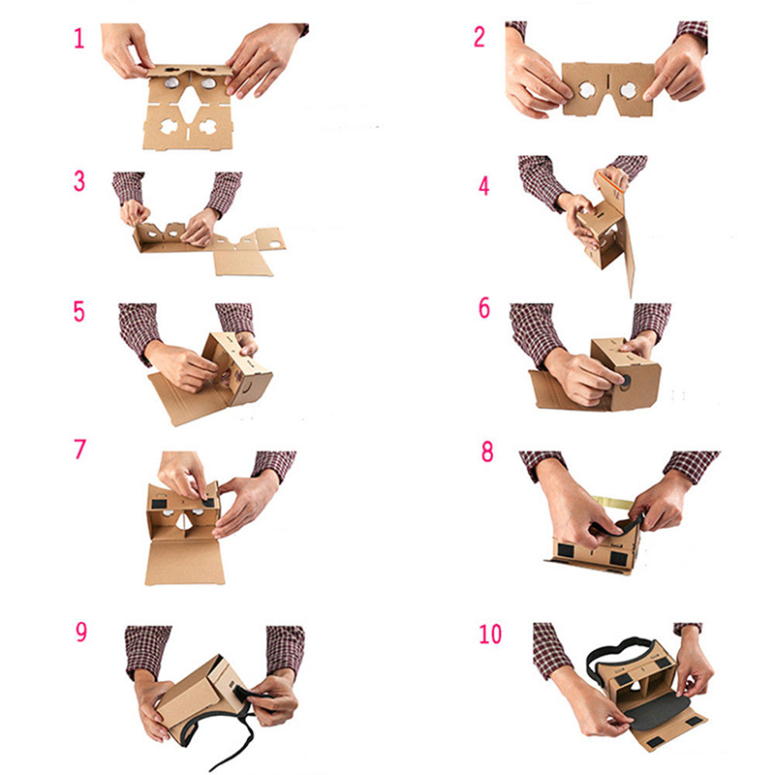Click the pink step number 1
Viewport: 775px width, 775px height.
coord(79,38)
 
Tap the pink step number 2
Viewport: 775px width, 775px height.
coord(480,37)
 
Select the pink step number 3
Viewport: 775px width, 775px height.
coord(79,181)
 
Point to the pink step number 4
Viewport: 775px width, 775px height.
coord(483,186)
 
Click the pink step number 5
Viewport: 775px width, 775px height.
coord(79,312)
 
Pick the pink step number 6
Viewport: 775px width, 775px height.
coord(484,308)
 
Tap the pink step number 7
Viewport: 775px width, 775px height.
coord(80,449)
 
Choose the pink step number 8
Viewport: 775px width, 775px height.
coord(487,451)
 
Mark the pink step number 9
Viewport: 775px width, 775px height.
coord(81,632)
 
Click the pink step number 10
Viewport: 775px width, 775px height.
coord(490,635)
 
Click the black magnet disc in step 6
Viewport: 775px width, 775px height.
coord(626,381)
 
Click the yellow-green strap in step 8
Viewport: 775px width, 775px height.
coord(612,503)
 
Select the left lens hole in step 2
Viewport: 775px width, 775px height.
coord(587,90)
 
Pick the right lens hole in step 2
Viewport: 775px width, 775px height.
coord(629,90)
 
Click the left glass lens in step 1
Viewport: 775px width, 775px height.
coord(171,82)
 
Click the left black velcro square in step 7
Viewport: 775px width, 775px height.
coord(158,504)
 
